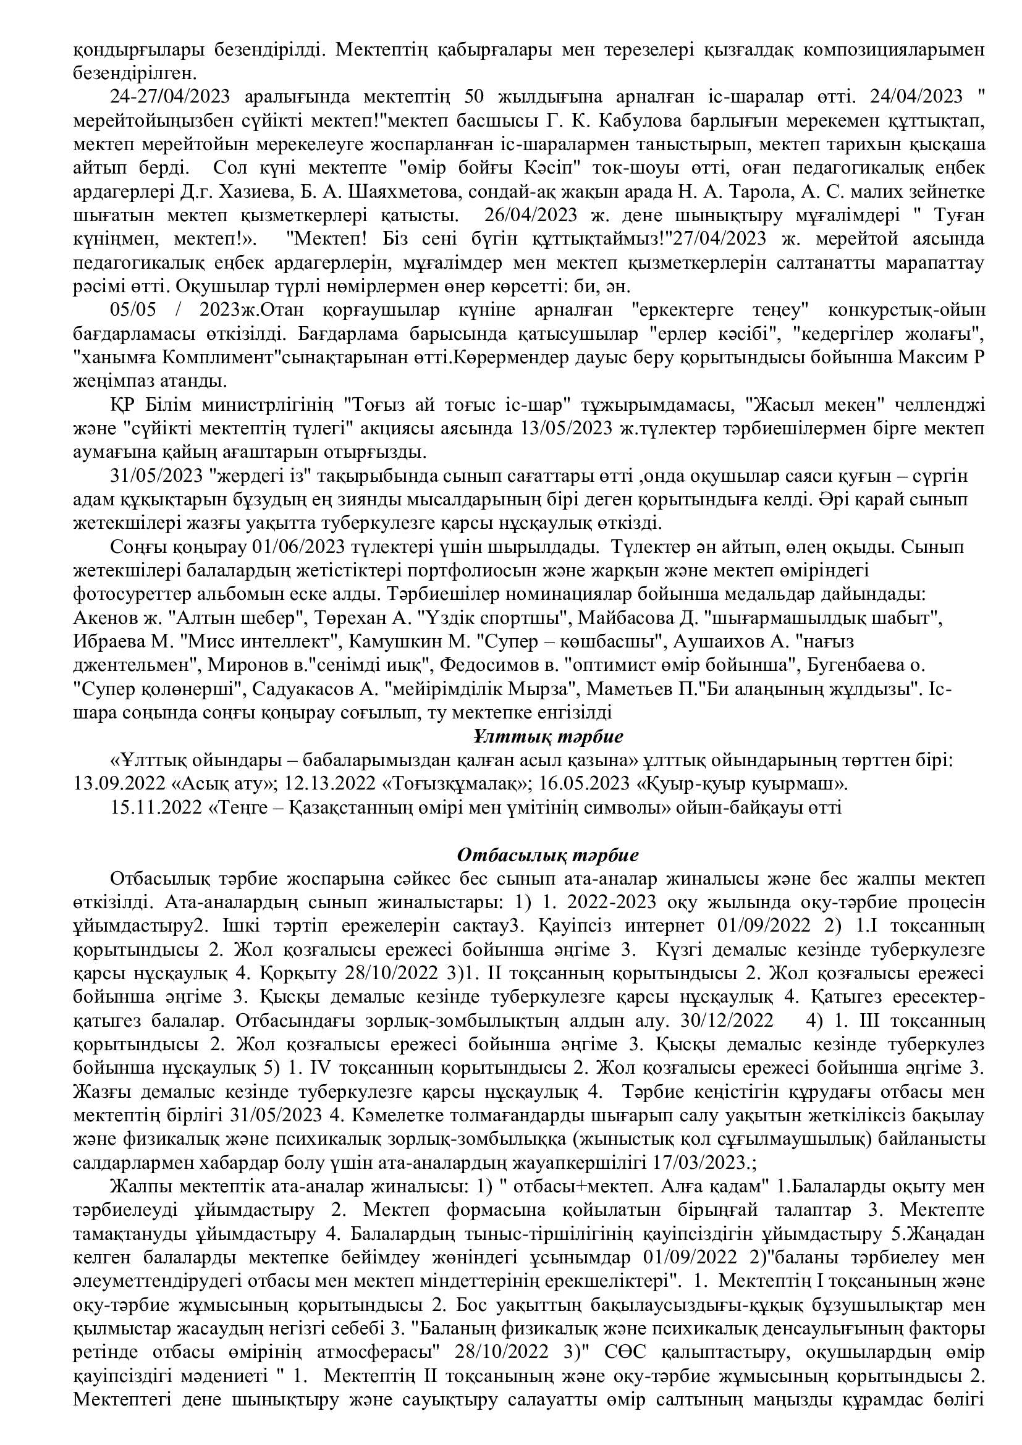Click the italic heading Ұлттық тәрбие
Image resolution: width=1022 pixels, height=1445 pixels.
[x=547, y=736]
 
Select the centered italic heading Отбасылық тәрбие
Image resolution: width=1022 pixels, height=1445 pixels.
[x=547, y=855]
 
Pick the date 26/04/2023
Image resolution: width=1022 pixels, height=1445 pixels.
[x=531, y=215]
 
